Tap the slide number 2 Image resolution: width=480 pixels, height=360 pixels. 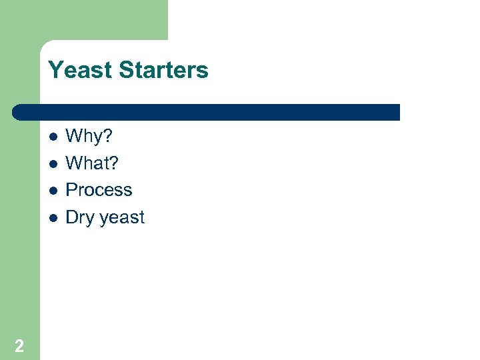(x=19, y=345)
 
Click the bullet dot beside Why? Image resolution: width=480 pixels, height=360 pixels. (x=53, y=137)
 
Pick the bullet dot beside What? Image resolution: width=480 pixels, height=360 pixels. (x=53, y=164)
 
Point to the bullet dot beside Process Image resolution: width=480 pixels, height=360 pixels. (x=53, y=191)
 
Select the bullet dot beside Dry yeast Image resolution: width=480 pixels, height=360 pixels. (x=53, y=218)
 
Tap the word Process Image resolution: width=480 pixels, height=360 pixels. (x=99, y=190)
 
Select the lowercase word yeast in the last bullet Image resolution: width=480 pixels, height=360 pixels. (x=122, y=219)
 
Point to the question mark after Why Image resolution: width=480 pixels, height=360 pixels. (x=108, y=137)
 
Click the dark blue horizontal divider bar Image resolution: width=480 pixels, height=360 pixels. (x=207, y=112)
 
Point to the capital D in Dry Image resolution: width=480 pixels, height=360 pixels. (x=71, y=217)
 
